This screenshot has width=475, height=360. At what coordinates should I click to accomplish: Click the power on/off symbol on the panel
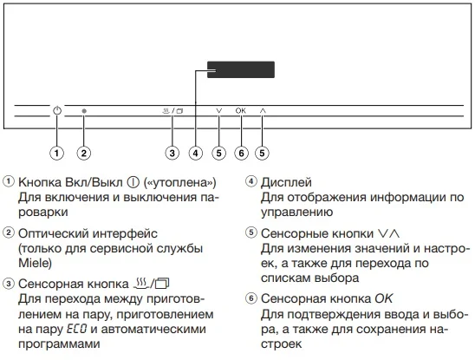[x=57, y=111]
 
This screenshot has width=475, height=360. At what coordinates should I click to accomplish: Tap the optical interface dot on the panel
[x=84, y=112]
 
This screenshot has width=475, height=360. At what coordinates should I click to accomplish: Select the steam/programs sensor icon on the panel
[x=172, y=111]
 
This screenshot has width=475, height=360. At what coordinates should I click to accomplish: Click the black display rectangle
[x=240, y=74]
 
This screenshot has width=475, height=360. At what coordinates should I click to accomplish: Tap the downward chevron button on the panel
[x=218, y=111]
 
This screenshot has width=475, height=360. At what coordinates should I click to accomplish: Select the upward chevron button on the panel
[x=263, y=111]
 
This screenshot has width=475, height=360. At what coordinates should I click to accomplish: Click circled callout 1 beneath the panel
[x=57, y=154]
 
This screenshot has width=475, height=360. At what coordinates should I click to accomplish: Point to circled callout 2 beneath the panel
[x=84, y=154]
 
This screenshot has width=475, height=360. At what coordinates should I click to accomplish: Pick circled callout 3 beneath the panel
[x=172, y=154]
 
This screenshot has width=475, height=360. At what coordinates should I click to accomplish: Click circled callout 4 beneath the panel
[x=196, y=154]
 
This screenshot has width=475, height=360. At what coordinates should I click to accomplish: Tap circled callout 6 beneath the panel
[x=241, y=154]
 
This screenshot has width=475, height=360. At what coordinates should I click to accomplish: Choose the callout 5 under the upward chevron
[x=263, y=154]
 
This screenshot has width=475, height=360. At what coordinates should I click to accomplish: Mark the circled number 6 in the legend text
[x=251, y=298]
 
